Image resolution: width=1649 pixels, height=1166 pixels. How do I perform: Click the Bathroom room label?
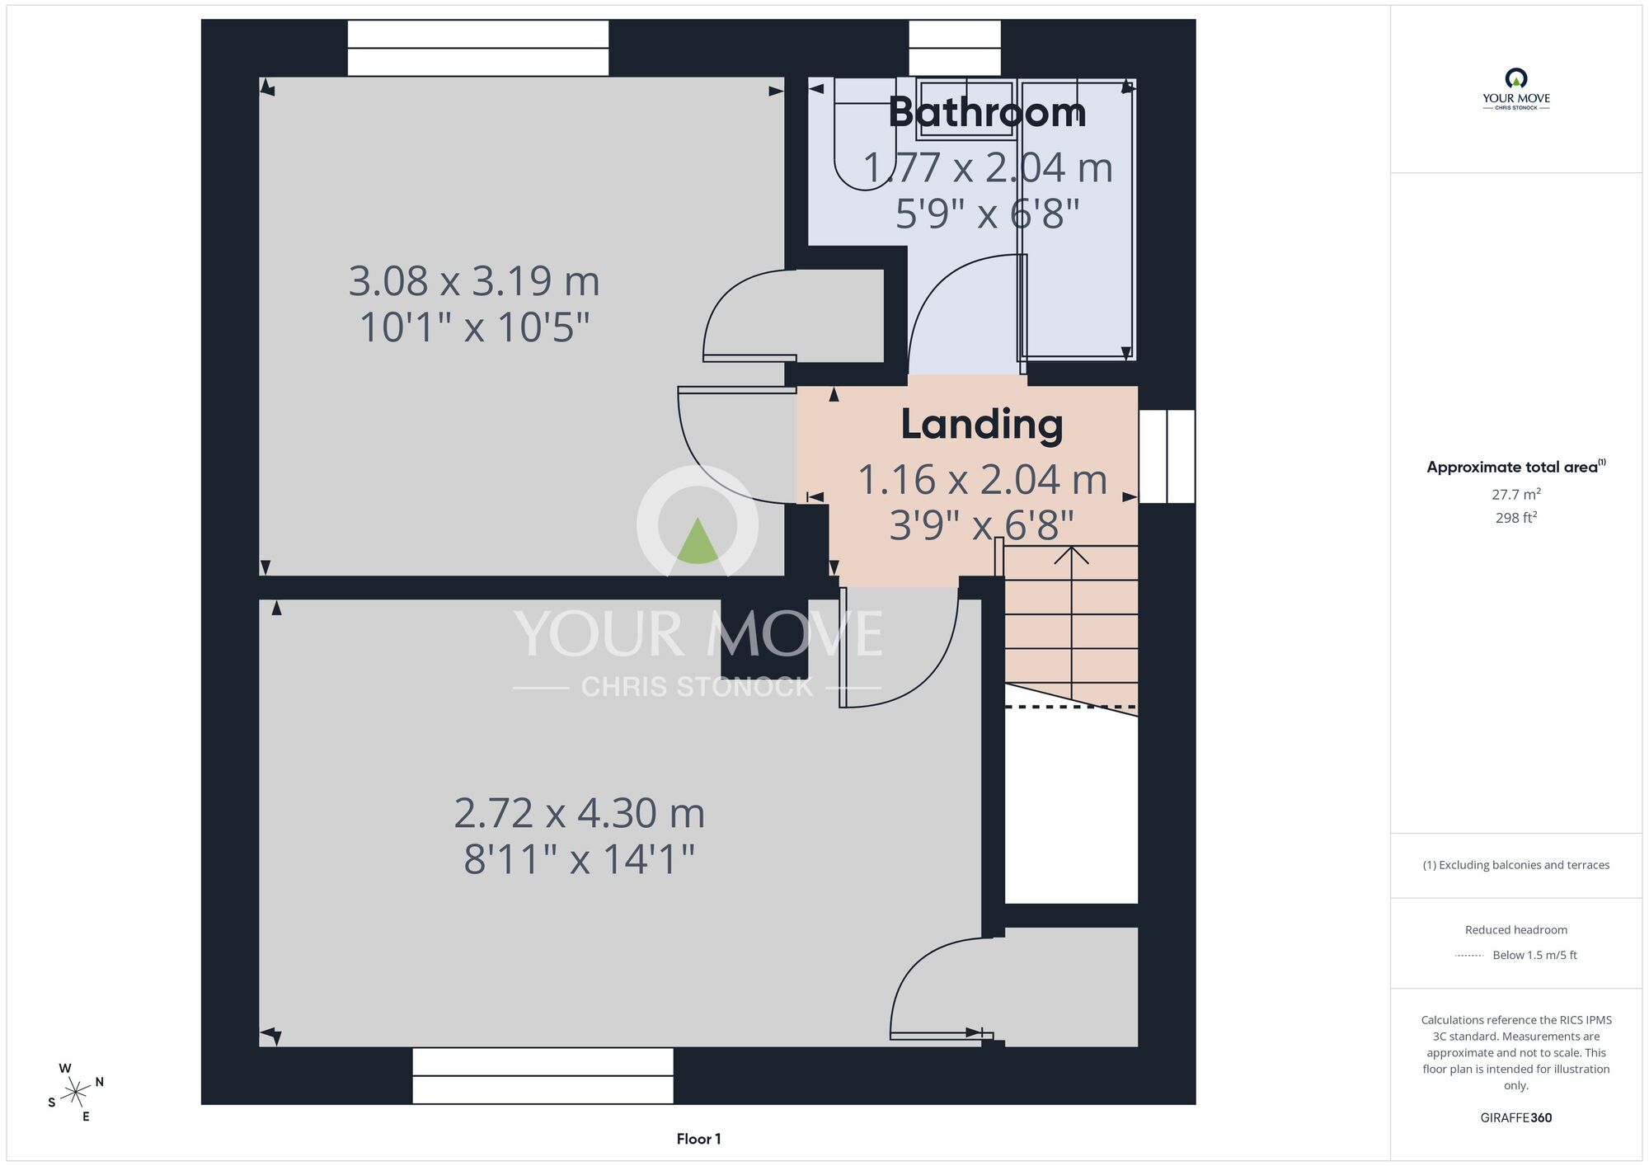pos(987,112)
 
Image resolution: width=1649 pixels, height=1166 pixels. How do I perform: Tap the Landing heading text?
pos(981,424)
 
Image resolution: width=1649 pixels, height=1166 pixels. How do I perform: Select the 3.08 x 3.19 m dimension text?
pos(474,281)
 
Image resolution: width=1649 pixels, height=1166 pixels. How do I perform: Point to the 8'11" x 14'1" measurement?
pos(579,859)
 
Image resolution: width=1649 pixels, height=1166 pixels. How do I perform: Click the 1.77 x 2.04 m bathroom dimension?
pos(988,167)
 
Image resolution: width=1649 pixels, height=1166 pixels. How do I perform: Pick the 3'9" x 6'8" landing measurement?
pos(981,525)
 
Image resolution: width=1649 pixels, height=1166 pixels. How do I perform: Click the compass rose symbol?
pos(75,1093)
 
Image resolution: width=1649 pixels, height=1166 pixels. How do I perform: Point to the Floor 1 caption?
pos(698,1139)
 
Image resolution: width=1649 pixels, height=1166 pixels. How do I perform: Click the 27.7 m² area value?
pos(1515,494)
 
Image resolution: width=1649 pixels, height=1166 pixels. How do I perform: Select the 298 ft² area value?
pos(1515,518)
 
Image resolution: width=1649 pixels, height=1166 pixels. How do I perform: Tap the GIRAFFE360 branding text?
pos(1515,1118)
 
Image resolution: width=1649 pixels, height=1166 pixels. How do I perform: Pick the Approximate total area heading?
pos(1515,467)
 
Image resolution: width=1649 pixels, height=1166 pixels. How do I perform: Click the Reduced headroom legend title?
pos(1515,930)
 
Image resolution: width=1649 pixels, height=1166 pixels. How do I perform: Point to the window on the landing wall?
pos(1167,456)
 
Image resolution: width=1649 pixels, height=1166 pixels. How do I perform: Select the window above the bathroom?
pos(955,48)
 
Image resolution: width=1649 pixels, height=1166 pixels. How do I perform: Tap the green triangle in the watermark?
pos(698,541)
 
